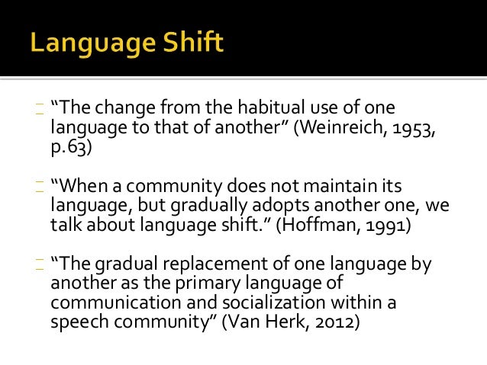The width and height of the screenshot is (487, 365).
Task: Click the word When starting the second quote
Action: point(82,187)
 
